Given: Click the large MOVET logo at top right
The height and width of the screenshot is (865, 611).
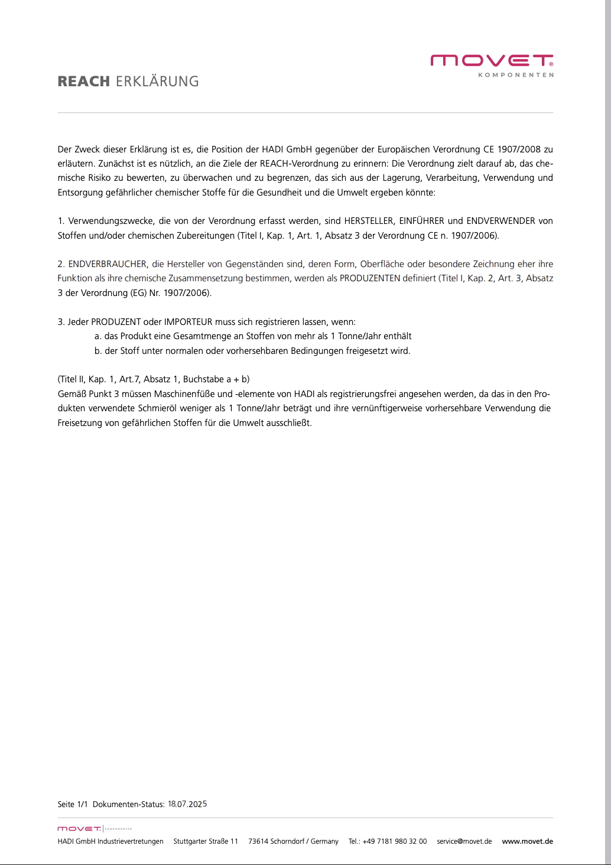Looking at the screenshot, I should (x=492, y=60).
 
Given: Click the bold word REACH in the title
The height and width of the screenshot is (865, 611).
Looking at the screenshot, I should (x=84, y=82).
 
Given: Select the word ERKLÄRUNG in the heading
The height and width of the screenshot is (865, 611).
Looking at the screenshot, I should (x=157, y=82).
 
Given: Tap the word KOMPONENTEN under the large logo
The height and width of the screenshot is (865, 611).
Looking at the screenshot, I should (x=515, y=75).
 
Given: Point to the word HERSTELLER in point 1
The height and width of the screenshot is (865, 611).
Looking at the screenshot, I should (x=369, y=221).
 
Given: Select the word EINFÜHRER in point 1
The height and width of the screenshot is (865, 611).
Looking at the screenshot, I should (x=421, y=221).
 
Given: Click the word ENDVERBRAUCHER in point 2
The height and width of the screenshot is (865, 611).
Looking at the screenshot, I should (x=107, y=264).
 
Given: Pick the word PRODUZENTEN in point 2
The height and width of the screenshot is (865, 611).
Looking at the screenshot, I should (x=370, y=278).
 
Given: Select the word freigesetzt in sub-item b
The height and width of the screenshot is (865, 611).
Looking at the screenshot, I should (x=367, y=350).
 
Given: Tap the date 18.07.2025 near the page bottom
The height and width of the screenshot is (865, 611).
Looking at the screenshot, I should (x=187, y=804).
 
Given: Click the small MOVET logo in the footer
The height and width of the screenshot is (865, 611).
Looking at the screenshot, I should (x=79, y=829).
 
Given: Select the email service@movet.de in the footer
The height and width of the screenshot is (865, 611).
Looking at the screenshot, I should (x=464, y=841).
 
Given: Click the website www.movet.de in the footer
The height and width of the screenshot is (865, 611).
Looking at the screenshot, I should (x=527, y=841).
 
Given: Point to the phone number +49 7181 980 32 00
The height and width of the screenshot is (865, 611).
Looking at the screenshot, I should (x=395, y=841).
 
